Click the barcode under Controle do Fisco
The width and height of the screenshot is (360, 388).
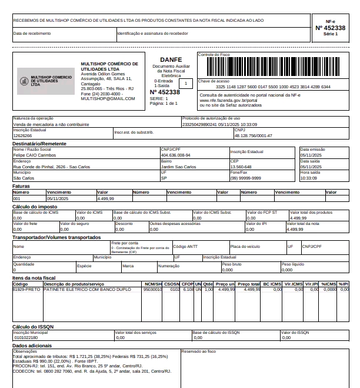point(272,67)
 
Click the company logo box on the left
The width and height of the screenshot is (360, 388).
point(46,81)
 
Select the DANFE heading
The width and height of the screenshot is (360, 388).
point(171,59)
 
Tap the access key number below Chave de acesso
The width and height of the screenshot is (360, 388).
point(273,87)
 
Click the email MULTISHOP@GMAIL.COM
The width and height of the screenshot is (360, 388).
point(108,98)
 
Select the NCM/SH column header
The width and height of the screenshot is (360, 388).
point(152,284)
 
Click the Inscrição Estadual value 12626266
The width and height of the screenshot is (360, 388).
point(23,135)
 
